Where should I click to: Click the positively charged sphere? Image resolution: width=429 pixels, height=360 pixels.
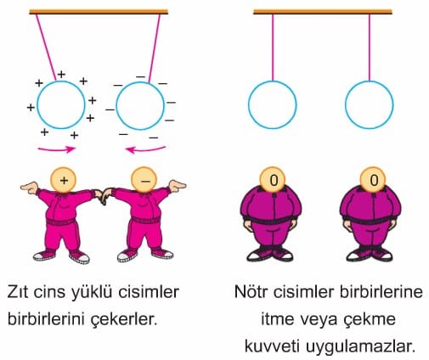point(37,104)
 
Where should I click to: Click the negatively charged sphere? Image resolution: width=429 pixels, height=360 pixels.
point(116,106)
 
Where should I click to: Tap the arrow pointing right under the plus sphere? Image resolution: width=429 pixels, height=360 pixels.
point(57,149)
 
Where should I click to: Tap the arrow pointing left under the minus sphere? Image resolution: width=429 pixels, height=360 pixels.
point(145,149)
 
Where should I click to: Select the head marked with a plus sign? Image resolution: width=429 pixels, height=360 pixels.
point(64,179)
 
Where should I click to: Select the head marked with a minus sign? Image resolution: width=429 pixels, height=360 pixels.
point(144,179)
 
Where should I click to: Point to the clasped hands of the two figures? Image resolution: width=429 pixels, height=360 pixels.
point(103,195)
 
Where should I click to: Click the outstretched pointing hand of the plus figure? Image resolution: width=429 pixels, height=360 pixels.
point(29,187)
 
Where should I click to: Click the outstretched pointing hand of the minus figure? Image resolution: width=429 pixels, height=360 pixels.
point(178,185)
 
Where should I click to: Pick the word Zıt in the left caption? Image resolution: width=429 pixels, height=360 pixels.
point(18,292)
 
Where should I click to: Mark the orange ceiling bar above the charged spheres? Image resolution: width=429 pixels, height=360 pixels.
point(99,12)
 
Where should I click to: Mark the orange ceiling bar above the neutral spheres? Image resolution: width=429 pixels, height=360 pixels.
point(323,12)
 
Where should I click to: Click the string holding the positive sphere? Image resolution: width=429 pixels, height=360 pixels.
point(46,48)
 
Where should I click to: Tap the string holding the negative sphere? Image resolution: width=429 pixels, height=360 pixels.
point(155,48)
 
